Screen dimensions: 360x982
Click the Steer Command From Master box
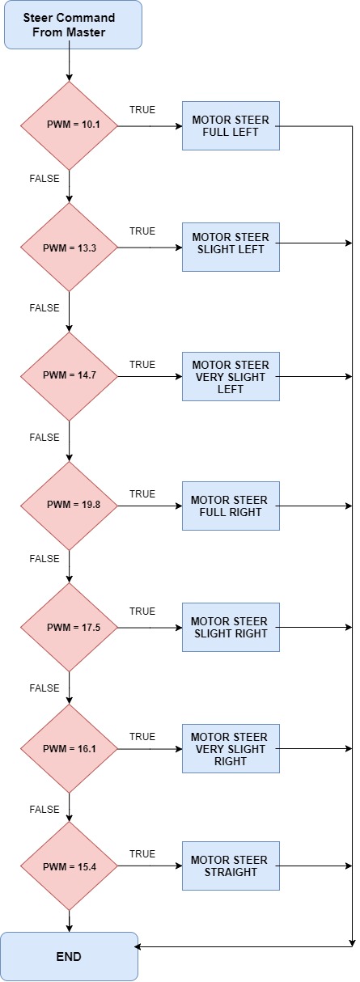[x=73, y=24]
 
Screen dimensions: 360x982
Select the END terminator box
[x=69, y=957]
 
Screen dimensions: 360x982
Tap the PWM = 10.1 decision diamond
[x=69, y=126]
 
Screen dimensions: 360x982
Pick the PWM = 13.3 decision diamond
[x=69, y=248]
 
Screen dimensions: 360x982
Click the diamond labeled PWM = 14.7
[x=69, y=377]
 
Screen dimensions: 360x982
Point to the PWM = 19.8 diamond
[x=69, y=506]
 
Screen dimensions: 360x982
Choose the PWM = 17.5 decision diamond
[x=69, y=628]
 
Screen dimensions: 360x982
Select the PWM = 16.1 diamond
[x=69, y=749]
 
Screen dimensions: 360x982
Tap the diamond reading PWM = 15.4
[x=69, y=866]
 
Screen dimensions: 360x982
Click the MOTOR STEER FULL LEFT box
[x=231, y=126]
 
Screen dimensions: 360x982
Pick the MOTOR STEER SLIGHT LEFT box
[x=231, y=247]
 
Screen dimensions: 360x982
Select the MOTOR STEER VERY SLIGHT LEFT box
[x=231, y=377]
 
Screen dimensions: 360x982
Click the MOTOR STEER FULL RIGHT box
[x=231, y=506]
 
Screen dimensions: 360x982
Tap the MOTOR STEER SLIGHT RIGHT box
[x=231, y=628]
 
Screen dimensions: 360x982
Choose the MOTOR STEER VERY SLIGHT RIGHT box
[x=231, y=749]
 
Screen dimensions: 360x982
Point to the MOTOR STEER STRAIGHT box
[x=231, y=866]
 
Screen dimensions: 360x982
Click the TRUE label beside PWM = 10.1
[x=142, y=109]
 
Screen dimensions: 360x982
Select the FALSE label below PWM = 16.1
[x=44, y=809]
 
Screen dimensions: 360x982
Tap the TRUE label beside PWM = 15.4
[x=142, y=854]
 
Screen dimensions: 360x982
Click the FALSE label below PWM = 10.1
[x=44, y=179]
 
